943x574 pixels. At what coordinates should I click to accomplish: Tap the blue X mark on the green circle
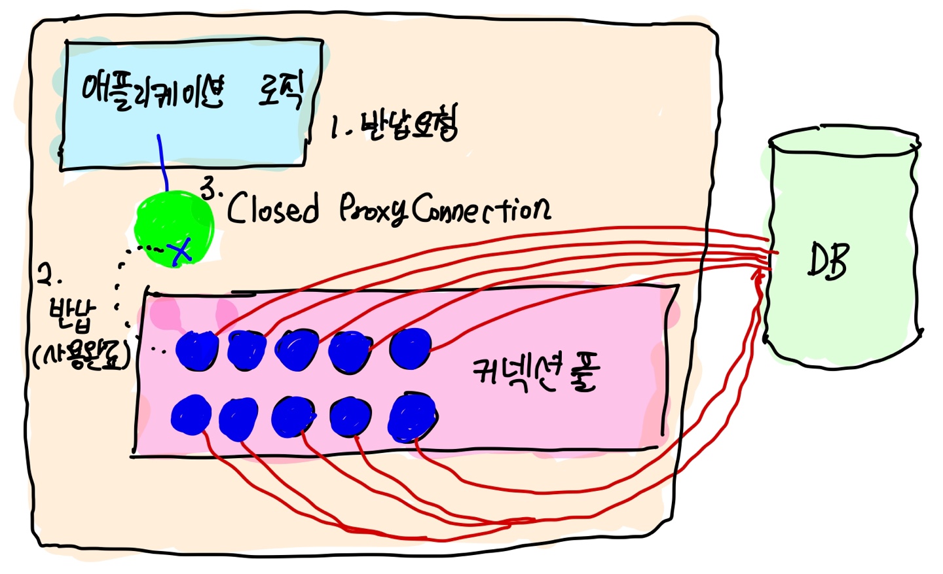point(181,250)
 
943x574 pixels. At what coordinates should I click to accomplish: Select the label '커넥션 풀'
point(535,374)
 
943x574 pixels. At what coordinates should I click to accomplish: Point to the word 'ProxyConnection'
point(445,209)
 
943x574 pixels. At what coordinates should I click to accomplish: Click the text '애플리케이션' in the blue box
point(153,92)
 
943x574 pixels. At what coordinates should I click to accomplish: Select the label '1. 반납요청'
point(394,124)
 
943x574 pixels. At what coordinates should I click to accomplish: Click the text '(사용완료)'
point(81,356)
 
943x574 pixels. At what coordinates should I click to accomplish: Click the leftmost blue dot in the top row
point(197,350)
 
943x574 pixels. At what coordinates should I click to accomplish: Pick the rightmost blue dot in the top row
point(411,348)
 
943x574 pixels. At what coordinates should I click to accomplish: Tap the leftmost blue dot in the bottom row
point(191,415)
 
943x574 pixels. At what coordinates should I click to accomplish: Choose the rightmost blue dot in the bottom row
point(413,417)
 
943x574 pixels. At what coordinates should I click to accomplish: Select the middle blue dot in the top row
point(297,350)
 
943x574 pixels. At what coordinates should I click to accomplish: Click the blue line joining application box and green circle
point(162,163)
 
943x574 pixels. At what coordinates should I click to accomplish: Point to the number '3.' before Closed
point(211,189)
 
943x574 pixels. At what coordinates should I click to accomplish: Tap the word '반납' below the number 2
point(71,315)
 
